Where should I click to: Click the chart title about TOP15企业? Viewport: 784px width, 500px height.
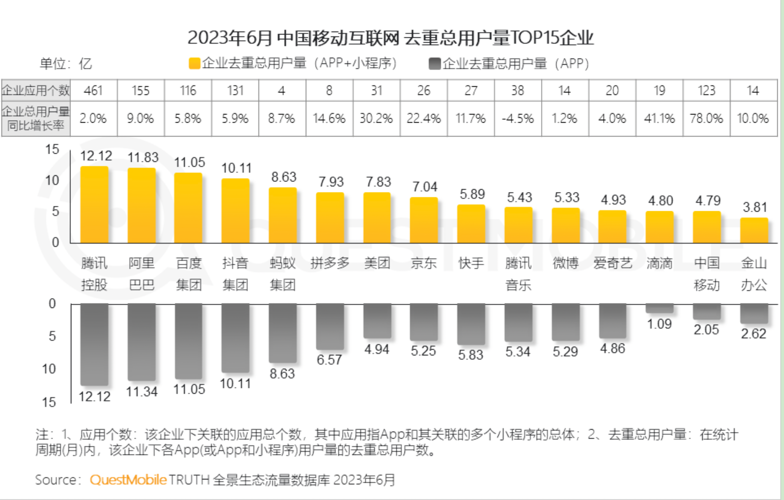[390, 38]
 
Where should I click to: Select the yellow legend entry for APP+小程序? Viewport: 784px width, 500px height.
[293, 63]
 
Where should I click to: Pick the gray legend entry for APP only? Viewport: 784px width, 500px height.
[509, 63]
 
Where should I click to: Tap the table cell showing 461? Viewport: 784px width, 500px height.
[93, 91]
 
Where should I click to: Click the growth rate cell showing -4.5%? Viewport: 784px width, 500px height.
[518, 118]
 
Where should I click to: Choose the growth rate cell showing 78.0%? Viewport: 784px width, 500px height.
[706, 118]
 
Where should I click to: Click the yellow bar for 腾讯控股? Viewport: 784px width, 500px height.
[94, 205]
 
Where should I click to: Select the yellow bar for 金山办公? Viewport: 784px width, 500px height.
[754, 230]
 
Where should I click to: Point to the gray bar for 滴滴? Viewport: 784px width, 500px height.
[660, 308]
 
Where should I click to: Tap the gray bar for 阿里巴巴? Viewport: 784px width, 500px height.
[142, 341]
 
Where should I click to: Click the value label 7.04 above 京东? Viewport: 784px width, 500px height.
[425, 187]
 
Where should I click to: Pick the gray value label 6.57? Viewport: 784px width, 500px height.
[329, 360]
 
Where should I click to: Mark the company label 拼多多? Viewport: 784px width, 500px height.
[330, 263]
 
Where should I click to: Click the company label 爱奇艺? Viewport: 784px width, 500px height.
[613, 263]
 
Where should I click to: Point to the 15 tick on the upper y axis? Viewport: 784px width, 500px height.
[52, 149]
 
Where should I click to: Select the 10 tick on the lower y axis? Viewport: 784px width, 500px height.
[49, 369]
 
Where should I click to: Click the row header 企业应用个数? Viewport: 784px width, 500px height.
[36, 91]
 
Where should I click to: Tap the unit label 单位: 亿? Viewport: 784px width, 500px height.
[66, 64]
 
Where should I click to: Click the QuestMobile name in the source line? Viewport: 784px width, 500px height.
[128, 479]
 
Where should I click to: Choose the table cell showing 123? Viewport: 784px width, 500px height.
[706, 91]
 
